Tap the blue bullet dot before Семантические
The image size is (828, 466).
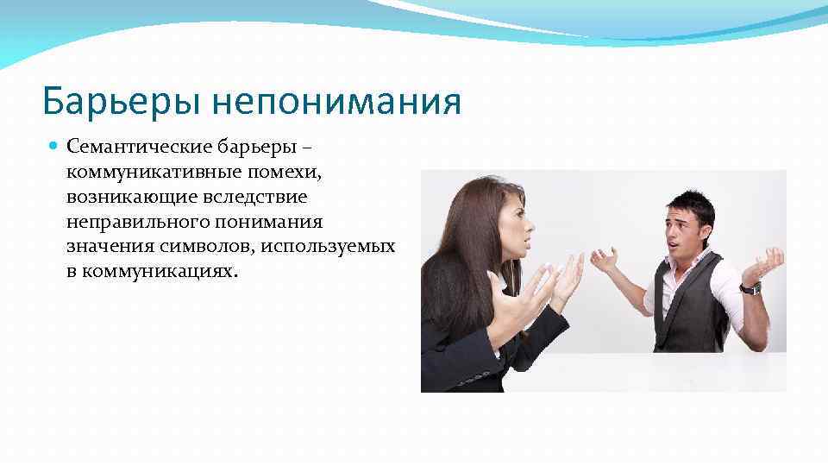click(x=54, y=148)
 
